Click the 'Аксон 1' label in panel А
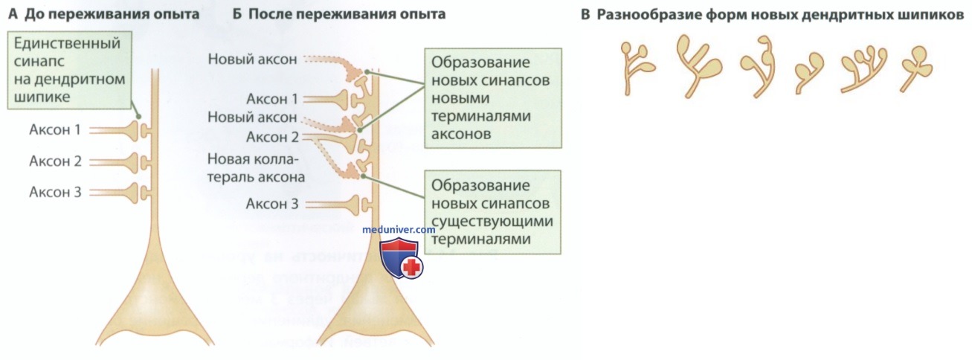(x=55, y=129)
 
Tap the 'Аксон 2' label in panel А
(x=55, y=161)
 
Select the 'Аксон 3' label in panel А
(x=55, y=192)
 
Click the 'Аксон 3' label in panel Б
(x=272, y=203)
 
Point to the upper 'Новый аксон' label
(x=252, y=59)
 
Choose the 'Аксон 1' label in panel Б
(x=272, y=99)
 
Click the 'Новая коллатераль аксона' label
(x=256, y=168)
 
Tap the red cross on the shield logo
(x=411, y=267)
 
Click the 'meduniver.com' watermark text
(x=399, y=229)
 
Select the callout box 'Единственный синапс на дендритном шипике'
(x=69, y=70)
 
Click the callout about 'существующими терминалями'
(x=492, y=212)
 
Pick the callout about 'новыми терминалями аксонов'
(x=493, y=98)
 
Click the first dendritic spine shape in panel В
(x=636, y=67)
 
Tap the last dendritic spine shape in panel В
(x=915, y=69)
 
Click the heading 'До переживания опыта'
(x=112, y=14)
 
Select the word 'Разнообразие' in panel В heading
(x=648, y=15)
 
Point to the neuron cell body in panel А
(x=155, y=303)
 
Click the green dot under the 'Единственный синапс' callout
(x=138, y=116)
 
